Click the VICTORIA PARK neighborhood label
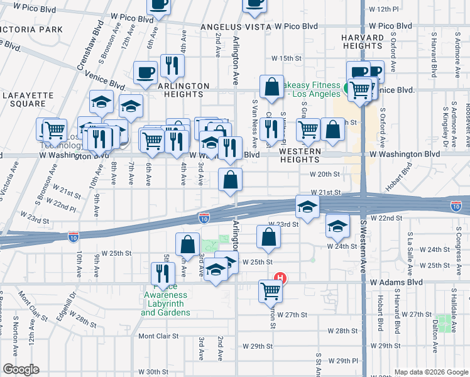pyautogui.click(x=31, y=30)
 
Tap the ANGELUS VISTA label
pyautogui.click(x=236, y=27)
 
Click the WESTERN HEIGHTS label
pyautogui.click(x=300, y=156)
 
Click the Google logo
pyautogui.click(x=21, y=369)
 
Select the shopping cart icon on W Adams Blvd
pyautogui.click(x=270, y=290)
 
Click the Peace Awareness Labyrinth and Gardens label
pyautogui.click(x=165, y=303)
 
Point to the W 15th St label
pyautogui.click(x=287, y=58)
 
